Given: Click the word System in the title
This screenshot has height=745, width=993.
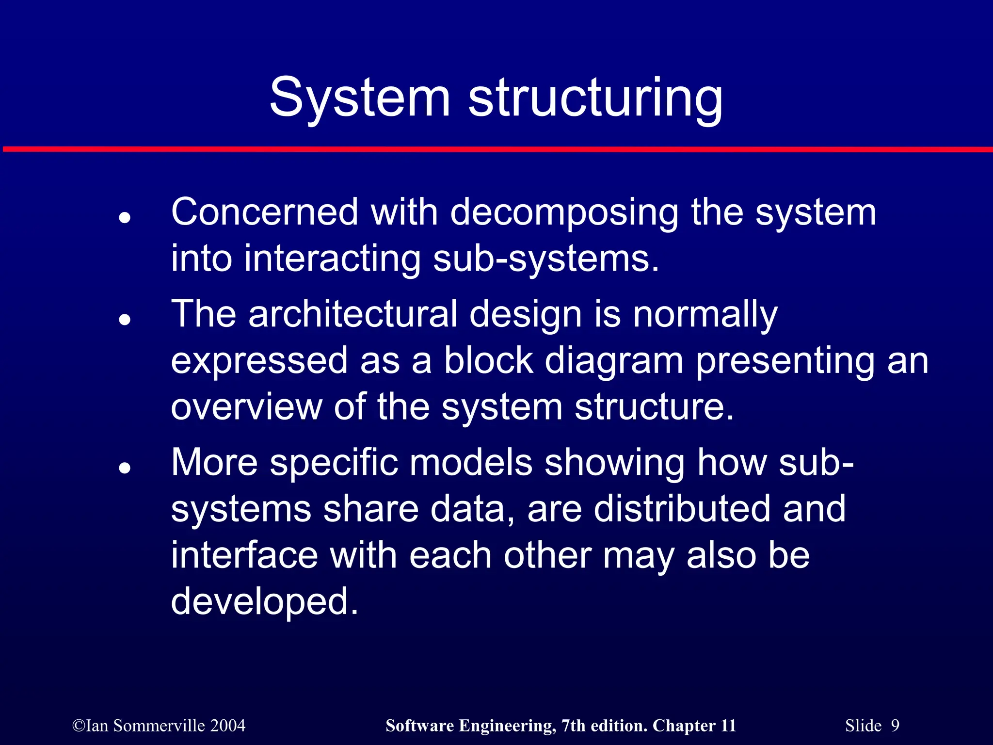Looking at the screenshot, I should [359, 98].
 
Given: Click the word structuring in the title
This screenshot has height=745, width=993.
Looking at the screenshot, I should [595, 98].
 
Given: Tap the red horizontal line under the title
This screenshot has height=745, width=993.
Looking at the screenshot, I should [496, 149].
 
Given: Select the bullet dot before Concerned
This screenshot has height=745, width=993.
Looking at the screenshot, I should [125, 218].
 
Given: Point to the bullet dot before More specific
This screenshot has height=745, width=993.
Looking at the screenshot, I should [125, 468].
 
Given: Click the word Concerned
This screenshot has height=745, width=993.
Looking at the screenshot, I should [265, 212].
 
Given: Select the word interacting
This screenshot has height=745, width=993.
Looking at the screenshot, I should [332, 259].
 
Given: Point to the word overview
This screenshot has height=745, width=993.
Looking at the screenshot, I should [246, 407].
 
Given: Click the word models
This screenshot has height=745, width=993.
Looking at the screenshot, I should [471, 463].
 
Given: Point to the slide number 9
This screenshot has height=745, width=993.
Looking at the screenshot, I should [895, 726].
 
